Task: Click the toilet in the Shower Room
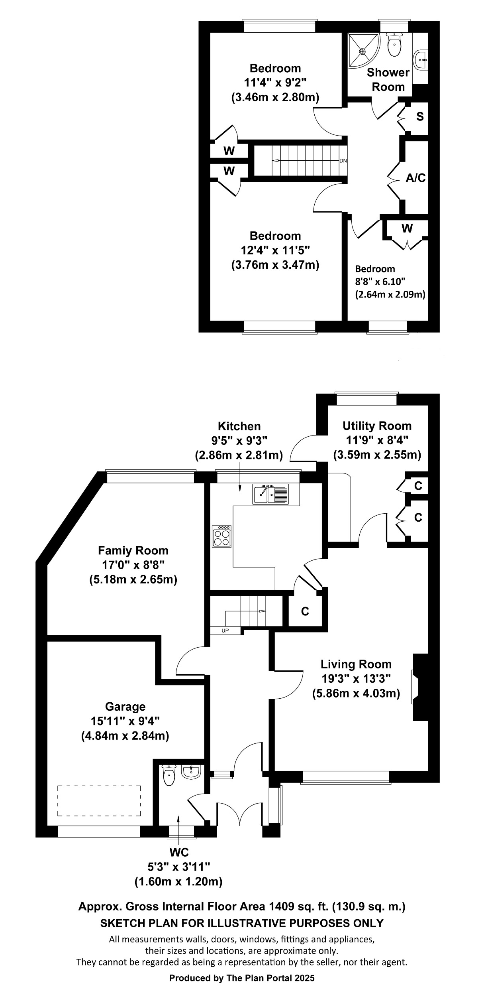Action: point(394,45)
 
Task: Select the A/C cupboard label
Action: point(415,178)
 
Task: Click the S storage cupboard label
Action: point(419,117)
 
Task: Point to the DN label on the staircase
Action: point(343,161)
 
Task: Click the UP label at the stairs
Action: point(225,631)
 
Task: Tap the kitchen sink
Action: point(270,495)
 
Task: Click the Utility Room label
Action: point(377,426)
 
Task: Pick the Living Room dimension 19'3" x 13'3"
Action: point(356,678)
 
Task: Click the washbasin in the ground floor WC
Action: point(191,772)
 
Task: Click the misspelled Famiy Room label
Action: point(133,551)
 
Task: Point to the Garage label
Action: point(125,707)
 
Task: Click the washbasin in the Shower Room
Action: point(421,60)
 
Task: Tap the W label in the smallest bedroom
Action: point(407,229)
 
